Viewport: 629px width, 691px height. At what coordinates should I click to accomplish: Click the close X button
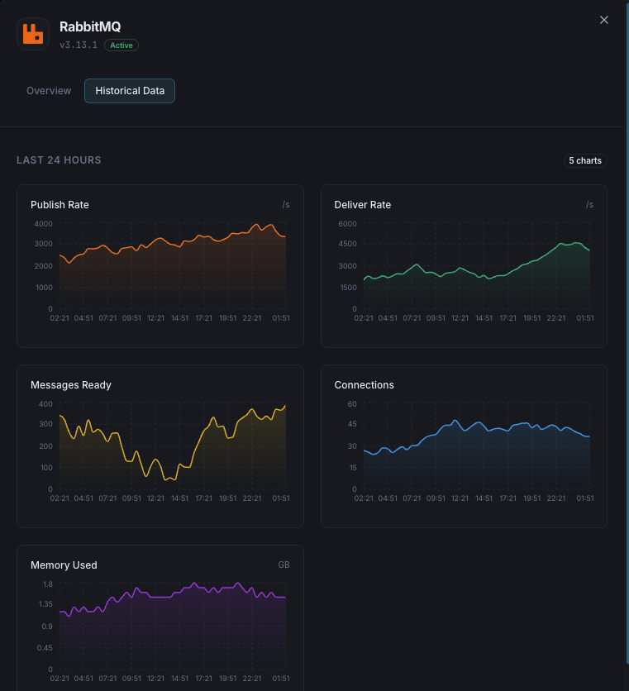click(604, 20)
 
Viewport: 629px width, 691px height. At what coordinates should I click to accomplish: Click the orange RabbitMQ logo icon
click(33, 34)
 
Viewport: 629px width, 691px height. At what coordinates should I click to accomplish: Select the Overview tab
click(49, 91)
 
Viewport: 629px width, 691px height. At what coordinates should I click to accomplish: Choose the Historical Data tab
click(130, 91)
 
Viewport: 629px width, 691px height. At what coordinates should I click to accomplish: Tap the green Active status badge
click(122, 45)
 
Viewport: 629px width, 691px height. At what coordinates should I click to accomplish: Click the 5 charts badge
click(585, 160)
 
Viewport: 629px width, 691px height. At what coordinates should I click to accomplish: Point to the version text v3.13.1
click(79, 45)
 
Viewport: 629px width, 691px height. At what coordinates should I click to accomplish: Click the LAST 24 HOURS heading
click(59, 160)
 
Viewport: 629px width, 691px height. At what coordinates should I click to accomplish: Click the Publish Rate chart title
click(60, 205)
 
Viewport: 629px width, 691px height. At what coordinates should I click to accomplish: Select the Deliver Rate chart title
click(362, 205)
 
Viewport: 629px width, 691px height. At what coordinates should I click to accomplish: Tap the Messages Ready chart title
click(71, 385)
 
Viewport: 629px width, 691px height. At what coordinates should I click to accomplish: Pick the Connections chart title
click(364, 385)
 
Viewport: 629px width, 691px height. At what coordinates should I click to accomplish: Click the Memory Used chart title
click(64, 565)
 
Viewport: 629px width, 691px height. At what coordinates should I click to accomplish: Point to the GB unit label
click(284, 565)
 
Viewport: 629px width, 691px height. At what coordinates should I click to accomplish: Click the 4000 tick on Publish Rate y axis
click(43, 224)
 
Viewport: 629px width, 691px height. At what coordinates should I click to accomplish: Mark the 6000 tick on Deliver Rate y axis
click(347, 224)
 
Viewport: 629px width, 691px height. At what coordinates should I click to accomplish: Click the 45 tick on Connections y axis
click(351, 425)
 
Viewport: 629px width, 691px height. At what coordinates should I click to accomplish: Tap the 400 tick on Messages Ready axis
click(45, 404)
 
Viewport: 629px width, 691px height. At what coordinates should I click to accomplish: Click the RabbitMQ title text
click(90, 27)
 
